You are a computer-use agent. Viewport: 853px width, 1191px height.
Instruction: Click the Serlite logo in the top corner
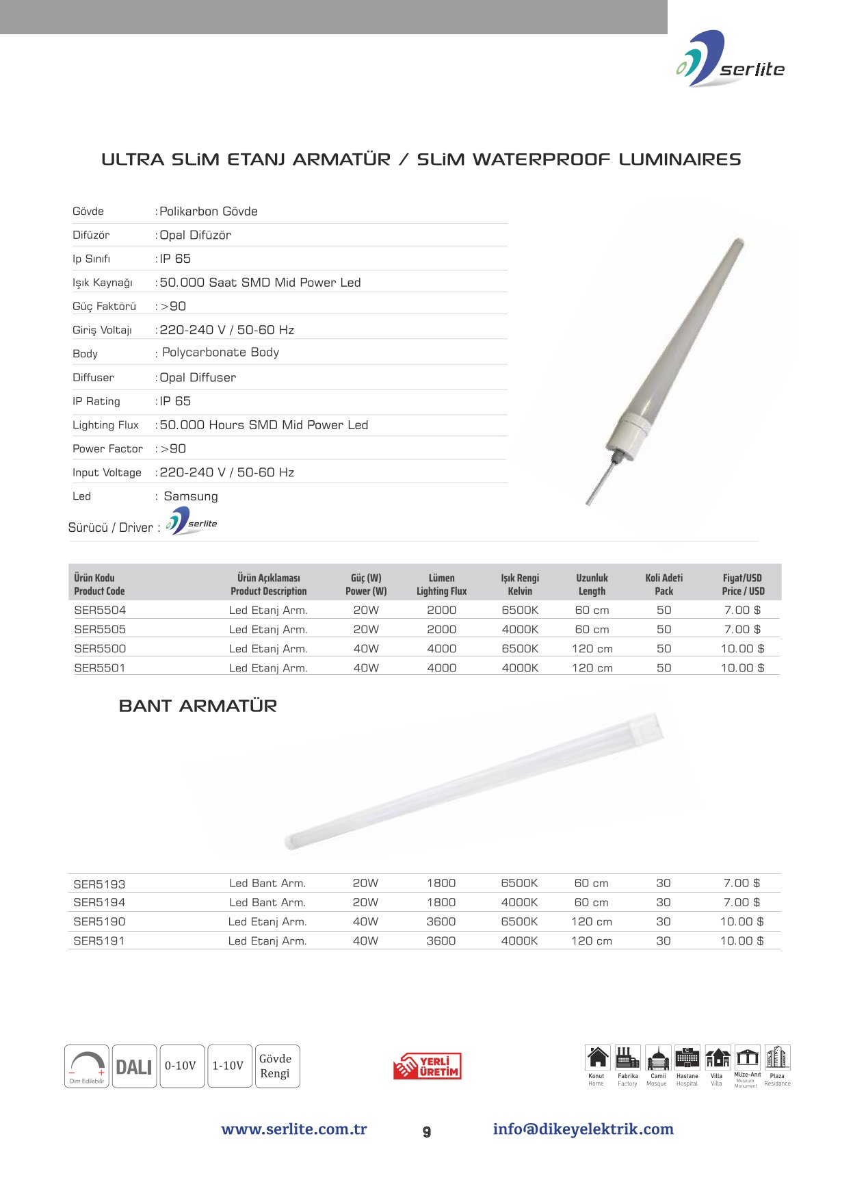point(730,60)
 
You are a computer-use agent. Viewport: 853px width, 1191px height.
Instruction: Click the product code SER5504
point(100,610)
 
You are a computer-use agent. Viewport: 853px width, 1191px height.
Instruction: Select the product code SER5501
point(100,667)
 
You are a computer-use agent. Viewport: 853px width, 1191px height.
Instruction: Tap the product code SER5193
point(99,884)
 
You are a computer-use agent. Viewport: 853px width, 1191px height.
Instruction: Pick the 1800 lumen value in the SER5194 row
point(441,902)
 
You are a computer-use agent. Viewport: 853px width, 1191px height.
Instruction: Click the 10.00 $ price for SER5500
point(742,648)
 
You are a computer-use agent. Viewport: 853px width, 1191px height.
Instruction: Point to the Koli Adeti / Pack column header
point(664,584)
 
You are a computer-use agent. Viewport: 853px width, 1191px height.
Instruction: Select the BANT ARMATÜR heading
point(198,706)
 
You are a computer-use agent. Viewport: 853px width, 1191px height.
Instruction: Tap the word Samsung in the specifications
point(191,496)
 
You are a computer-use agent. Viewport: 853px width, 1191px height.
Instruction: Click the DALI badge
point(134,1066)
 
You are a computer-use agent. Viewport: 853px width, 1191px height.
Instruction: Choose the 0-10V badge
point(181,1066)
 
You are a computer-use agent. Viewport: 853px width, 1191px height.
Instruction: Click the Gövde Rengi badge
point(275,1066)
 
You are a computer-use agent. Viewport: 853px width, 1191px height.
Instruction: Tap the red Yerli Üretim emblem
point(428,1066)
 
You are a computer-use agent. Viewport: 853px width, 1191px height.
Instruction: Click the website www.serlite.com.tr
point(294,1129)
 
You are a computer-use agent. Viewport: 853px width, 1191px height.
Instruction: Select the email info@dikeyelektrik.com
point(583,1129)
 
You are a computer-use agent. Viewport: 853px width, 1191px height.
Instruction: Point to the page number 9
point(427,1132)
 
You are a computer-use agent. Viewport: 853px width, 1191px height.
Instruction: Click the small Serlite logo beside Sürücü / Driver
point(192,522)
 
